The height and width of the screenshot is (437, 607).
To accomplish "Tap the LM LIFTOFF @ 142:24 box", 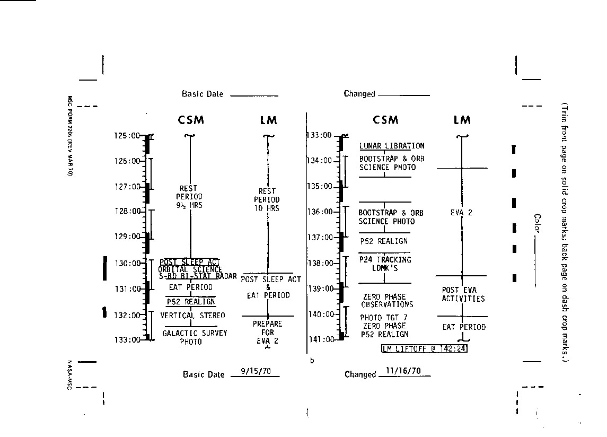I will [x=424, y=348].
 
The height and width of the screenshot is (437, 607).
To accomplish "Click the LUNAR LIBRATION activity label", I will [x=392, y=146].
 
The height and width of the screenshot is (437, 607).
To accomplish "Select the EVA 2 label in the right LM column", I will [x=461, y=213].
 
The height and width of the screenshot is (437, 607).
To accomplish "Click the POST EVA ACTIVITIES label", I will [x=463, y=294].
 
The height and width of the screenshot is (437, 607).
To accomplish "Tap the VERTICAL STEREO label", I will [x=192, y=316].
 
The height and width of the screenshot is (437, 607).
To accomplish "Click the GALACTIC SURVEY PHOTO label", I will [x=195, y=337].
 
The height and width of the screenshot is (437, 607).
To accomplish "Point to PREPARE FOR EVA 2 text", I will [x=267, y=333].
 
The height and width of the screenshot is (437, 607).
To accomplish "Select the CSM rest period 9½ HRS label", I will [x=189, y=196].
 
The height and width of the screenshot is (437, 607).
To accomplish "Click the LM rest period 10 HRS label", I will [x=267, y=200].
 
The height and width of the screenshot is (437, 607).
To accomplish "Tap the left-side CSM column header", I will [x=191, y=120].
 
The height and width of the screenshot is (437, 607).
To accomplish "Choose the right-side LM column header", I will [x=462, y=120].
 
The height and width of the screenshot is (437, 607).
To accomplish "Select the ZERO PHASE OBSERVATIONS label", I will [x=387, y=301].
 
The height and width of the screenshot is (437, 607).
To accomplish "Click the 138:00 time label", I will [x=320, y=263].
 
